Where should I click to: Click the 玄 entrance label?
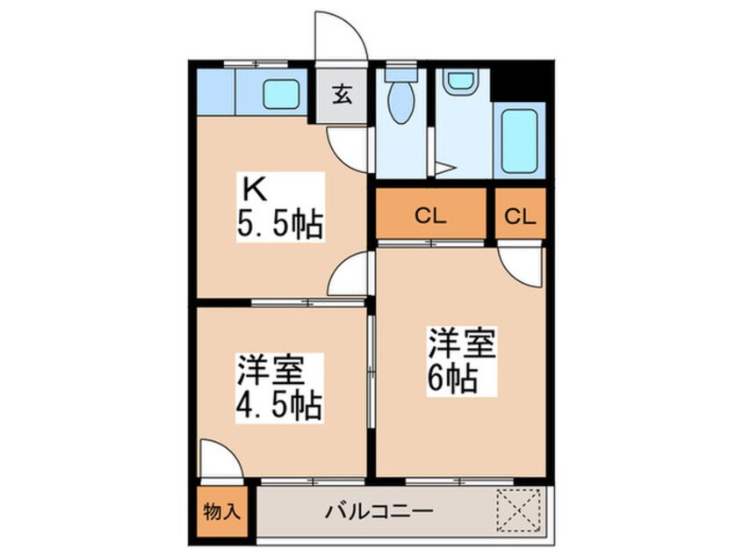(342, 96)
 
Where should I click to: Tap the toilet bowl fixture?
(400, 97)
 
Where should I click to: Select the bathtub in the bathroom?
(519, 141)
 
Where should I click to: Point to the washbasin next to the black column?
(461, 81)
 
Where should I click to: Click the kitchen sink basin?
(281, 94)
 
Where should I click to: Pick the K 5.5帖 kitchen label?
(280, 207)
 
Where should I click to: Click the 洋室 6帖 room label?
(462, 361)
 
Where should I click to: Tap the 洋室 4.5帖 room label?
(280, 387)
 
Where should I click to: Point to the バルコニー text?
(379, 511)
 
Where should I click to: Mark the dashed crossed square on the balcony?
(519, 510)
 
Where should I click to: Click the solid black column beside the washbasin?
(521, 81)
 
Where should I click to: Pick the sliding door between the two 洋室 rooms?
(372, 372)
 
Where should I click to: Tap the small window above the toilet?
(400, 64)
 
